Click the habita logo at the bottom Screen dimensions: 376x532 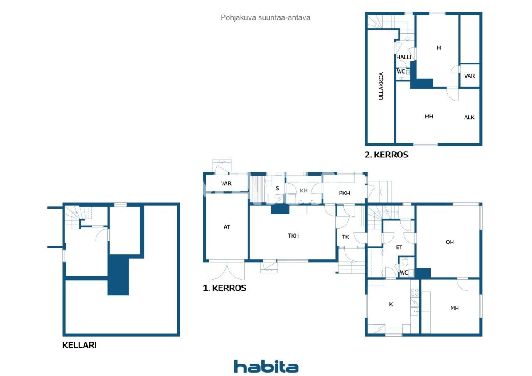tap(266, 366)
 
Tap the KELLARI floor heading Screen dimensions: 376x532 tap(79, 345)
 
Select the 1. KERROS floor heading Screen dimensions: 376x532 tap(224, 288)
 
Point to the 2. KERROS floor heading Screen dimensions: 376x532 tap(387, 155)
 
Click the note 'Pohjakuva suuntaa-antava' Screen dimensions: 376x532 tap(266, 17)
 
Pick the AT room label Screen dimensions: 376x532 tap(227, 227)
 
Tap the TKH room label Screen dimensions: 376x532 tap(293, 236)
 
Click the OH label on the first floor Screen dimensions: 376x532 tap(450, 242)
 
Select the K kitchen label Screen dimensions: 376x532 tap(391, 304)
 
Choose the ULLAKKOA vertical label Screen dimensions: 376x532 tap(381, 86)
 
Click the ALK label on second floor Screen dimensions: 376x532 tap(469, 117)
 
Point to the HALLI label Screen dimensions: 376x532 tap(404, 57)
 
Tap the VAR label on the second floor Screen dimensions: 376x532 tap(470, 76)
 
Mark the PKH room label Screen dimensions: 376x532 tap(344, 193)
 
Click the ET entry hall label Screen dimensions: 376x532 tap(399, 247)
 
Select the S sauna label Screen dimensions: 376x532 tap(277, 188)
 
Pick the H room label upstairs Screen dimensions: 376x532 tap(438, 48)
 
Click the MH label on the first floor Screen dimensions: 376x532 tap(455, 308)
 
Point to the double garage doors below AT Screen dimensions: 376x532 tap(227, 270)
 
